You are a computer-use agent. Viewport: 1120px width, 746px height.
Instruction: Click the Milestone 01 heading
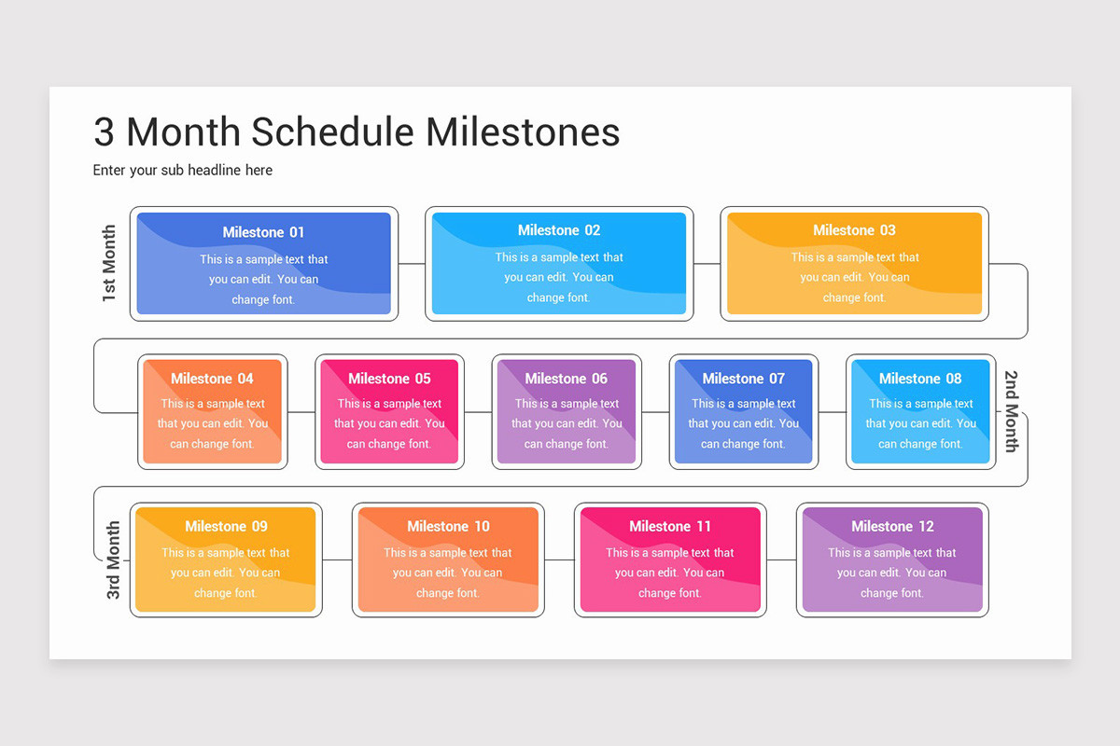tap(263, 232)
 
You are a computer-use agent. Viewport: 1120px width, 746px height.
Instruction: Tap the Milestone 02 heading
tap(559, 230)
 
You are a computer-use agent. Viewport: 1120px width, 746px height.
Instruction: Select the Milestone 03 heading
tap(854, 230)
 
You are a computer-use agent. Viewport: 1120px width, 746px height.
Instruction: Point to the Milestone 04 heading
tap(212, 379)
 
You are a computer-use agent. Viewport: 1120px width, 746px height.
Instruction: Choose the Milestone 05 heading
tap(389, 379)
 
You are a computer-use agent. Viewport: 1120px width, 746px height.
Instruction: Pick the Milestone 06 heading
tap(566, 379)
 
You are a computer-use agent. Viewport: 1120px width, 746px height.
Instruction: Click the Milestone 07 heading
tap(743, 379)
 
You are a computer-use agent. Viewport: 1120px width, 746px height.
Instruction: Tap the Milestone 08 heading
tap(919, 379)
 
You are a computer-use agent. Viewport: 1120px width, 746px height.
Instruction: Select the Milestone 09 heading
tap(226, 526)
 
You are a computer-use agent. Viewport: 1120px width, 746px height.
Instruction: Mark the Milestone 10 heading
tap(448, 526)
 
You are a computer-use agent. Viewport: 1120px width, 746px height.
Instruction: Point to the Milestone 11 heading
tap(669, 526)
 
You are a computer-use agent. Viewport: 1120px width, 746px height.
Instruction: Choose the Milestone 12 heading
tap(891, 526)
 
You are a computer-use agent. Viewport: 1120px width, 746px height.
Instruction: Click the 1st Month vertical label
tap(109, 263)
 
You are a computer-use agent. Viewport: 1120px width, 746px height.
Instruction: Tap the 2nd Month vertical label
tap(1011, 411)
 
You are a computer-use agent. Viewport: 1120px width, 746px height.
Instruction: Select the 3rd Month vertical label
tap(113, 559)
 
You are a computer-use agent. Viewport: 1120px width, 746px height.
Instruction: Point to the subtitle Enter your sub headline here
tap(182, 170)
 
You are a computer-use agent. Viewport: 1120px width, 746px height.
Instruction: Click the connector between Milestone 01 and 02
tap(412, 264)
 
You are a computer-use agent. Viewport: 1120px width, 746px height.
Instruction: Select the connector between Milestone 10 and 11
tap(559, 560)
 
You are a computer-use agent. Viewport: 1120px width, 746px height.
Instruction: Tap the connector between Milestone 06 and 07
tap(655, 411)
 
